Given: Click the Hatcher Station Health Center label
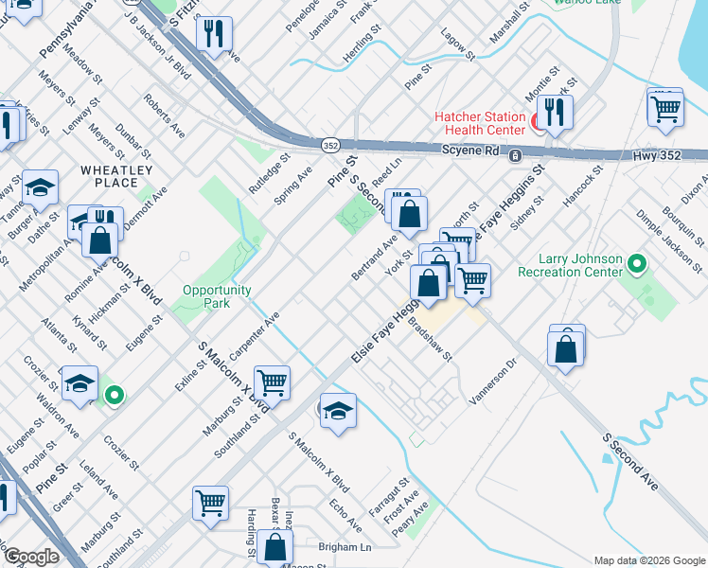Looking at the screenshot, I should (479, 123).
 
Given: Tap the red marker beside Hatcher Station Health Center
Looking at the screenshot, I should (537, 122).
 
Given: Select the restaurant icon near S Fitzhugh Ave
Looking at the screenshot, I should (214, 34).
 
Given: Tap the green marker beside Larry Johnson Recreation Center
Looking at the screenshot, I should (637, 264).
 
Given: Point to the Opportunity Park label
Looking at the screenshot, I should (218, 297).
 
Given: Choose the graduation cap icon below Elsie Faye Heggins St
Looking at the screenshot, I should (338, 409).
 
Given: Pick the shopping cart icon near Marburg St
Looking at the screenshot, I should (272, 382).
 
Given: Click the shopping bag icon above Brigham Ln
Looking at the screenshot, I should (274, 546).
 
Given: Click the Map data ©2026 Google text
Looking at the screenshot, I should (649, 560).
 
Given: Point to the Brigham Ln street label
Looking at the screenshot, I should (345, 547).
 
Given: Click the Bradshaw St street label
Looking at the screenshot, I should (431, 338).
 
